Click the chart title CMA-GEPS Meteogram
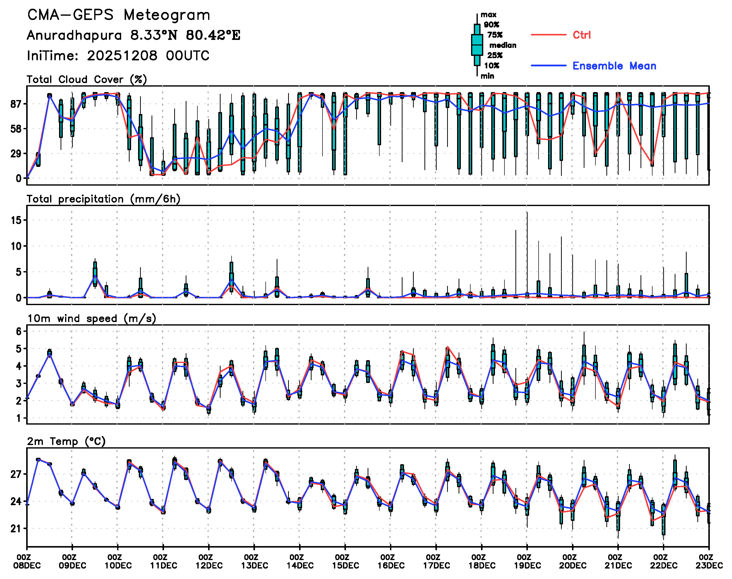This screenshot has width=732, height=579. [x=119, y=15]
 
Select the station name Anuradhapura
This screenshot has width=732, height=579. [x=74, y=35]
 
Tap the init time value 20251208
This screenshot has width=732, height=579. [x=122, y=56]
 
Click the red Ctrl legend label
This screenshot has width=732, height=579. [x=581, y=35]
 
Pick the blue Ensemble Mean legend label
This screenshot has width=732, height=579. [x=614, y=66]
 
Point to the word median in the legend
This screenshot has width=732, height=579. [x=503, y=45]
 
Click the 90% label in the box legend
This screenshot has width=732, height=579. [x=491, y=25]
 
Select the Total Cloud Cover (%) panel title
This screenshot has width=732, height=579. [x=87, y=79]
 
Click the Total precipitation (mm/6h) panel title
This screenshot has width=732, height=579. [x=103, y=199]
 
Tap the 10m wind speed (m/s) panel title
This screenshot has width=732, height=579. [x=91, y=319]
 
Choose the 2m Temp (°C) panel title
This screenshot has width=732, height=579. [x=66, y=441]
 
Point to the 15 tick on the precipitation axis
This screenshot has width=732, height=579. [x=16, y=220]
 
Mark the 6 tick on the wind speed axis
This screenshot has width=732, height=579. [x=19, y=332]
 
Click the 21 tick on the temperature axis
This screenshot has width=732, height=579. [x=16, y=529]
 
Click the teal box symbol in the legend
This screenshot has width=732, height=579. [x=477, y=45]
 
